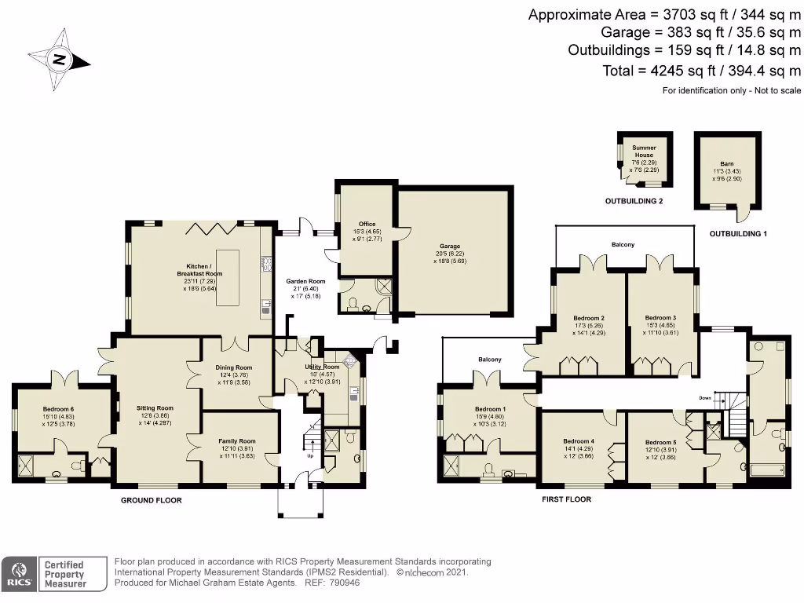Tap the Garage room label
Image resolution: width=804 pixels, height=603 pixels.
[x=450, y=246]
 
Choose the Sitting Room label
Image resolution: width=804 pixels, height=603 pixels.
[x=154, y=408]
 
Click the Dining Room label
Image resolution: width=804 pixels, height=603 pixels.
[x=233, y=367]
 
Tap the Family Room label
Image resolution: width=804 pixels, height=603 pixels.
[x=237, y=441]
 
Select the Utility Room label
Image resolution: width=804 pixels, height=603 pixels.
[x=321, y=367]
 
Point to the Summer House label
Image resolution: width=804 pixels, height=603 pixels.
[x=644, y=151]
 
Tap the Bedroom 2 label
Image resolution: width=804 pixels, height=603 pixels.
[x=588, y=318]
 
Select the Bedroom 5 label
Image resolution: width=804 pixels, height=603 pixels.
[x=660, y=441]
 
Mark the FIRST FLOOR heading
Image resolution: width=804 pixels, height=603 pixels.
[x=566, y=499]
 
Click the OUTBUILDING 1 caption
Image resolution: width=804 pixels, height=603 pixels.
[x=737, y=234]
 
